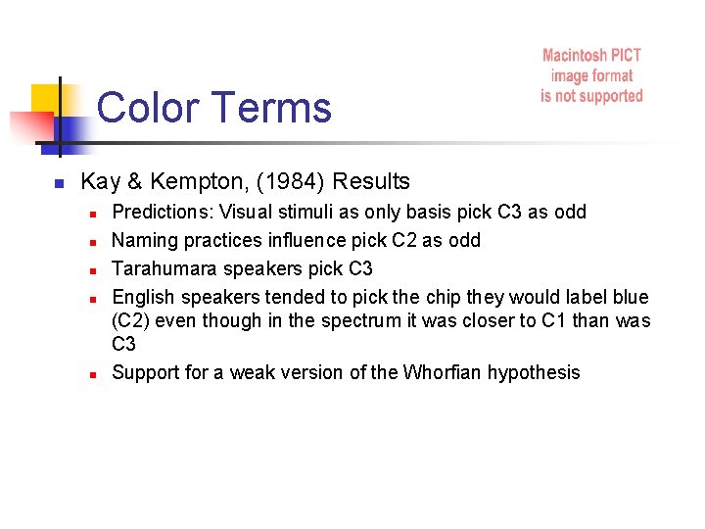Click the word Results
click(371, 182)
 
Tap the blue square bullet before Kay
click(59, 183)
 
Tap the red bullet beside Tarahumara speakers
click(90, 269)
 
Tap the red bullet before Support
click(90, 373)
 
